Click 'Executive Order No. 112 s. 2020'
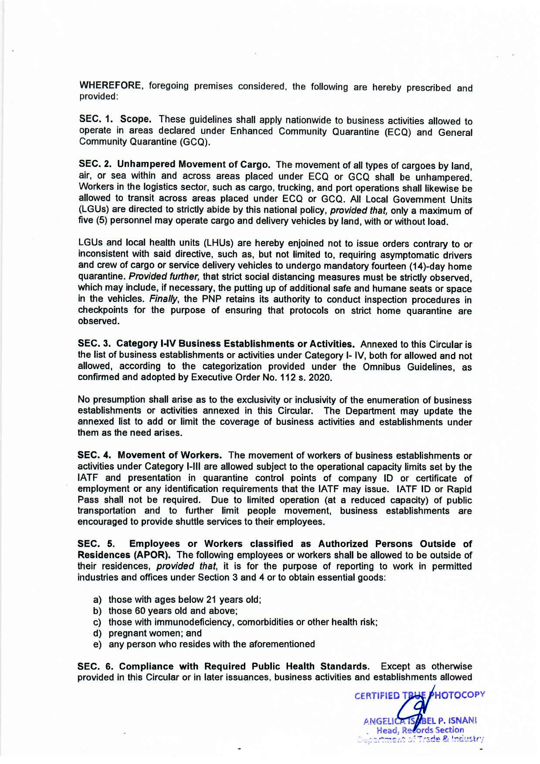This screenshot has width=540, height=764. click(261, 377)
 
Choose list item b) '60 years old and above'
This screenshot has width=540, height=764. click(173, 611)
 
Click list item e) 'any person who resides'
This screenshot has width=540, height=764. click(211, 644)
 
